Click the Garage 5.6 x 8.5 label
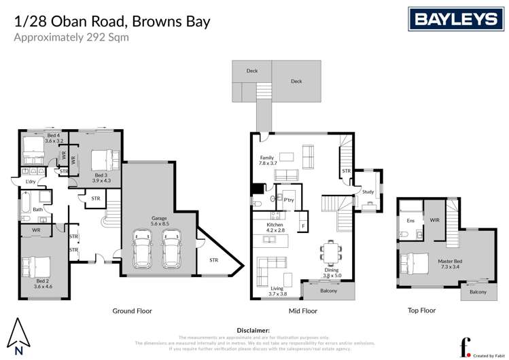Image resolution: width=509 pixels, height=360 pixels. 160,221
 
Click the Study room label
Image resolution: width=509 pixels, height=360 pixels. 368,192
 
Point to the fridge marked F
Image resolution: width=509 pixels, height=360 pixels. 302,223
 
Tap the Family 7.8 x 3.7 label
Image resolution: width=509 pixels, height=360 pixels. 268,160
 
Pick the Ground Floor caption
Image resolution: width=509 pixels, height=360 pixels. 132,310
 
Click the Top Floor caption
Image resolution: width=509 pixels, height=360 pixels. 421,310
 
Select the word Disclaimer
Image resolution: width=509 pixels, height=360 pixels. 254,329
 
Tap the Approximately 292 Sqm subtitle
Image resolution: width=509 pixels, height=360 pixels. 71,37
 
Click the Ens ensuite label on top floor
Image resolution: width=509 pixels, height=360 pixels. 410,221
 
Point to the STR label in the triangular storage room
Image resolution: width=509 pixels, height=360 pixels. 213,259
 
